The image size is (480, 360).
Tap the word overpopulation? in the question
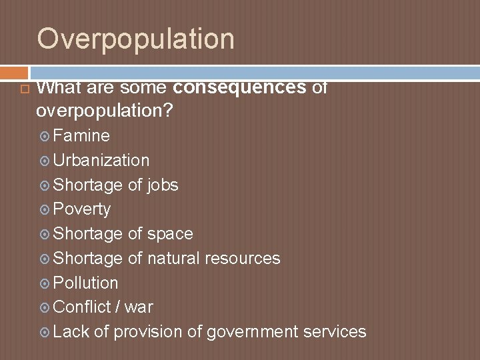105,111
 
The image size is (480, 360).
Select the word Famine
81,136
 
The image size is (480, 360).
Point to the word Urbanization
101,161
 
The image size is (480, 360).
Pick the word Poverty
81,209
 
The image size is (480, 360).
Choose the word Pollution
85,283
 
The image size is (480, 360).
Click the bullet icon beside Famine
44,137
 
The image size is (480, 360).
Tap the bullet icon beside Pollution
44,283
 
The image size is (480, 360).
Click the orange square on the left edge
13,71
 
